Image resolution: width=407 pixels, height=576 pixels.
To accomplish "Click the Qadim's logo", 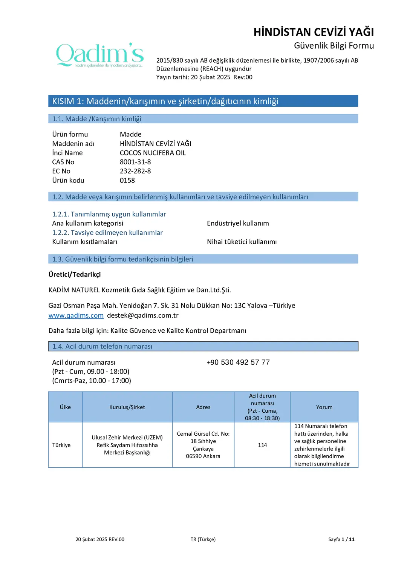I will [x=100, y=55].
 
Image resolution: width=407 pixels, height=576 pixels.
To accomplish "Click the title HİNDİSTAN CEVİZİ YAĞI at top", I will [x=314, y=32].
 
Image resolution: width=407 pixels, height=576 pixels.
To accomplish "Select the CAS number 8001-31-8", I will [x=135, y=162].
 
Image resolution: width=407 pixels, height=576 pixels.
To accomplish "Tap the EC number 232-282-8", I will [x=135, y=171].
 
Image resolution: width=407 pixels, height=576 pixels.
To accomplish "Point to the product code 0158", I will [x=127, y=180].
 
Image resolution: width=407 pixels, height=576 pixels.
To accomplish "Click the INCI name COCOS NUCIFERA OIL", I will [x=153, y=153].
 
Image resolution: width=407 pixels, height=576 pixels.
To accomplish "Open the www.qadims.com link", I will [x=76, y=315].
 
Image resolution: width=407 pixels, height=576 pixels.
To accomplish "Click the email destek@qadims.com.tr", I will [x=143, y=315].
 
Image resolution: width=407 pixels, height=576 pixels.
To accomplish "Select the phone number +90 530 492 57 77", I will [x=238, y=362].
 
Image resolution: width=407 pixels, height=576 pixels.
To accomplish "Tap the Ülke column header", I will [x=65, y=407].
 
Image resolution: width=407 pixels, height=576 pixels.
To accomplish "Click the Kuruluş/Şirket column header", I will [x=127, y=407].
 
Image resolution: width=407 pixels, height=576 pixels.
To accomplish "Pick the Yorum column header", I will [x=324, y=407].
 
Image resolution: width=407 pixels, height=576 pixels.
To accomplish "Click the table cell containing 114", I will [x=262, y=445].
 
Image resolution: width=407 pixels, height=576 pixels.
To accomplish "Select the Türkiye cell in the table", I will [x=61, y=445].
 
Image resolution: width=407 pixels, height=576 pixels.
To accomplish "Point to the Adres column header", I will [x=203, y=407].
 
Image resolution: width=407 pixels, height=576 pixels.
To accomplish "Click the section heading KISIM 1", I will [x=165, y=101].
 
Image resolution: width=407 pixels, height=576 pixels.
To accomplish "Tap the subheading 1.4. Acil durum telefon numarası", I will [x=102, y=346].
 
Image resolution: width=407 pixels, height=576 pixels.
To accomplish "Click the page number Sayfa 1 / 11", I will [x=341, y=539].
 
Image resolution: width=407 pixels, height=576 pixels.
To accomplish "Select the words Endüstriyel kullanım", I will [x=238, y=223].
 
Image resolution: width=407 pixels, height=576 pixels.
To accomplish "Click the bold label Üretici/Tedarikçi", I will [x=75, y=274].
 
